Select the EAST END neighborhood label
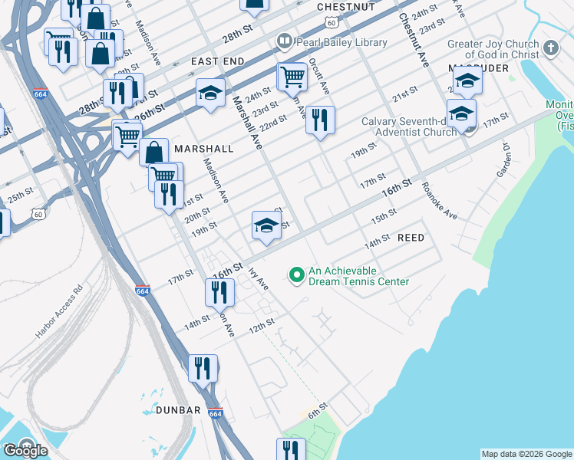coord(218,61)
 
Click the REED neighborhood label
coord(411,238)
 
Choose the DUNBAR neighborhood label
coord(178,410)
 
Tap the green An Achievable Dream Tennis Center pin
coord(296,274)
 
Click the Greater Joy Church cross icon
coord(550,48)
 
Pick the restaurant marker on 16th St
coord(219,291)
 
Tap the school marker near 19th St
coord(266,225)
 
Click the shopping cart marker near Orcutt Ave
coord(292,76)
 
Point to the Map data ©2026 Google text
coord(526,454)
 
